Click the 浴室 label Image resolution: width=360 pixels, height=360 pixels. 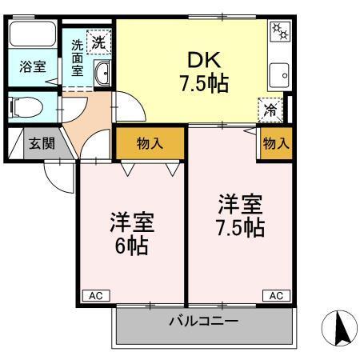[31, 67]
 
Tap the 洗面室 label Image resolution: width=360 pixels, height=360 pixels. [77, 58]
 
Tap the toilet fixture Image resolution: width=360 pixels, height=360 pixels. [27, 105]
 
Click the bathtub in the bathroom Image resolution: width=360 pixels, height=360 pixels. [32, 37]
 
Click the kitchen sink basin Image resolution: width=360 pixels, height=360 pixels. [282, 77]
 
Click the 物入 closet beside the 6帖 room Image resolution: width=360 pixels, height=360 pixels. [150, 144]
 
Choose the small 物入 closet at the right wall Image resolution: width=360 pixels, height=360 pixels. [275, 144]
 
